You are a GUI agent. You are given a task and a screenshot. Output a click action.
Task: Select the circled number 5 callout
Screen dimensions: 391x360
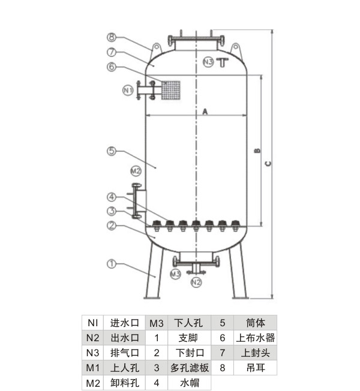pyautogui.click(x=112, y=151)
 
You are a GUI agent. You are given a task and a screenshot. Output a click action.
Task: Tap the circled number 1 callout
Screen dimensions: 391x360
pyautogui.click(x=112, y=263)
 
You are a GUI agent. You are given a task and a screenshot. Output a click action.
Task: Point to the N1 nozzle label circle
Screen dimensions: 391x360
pyautogui.click(x=128, y=91)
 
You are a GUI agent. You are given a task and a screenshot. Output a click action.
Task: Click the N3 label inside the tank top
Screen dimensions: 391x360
pyautogui.click(x=208, y=62)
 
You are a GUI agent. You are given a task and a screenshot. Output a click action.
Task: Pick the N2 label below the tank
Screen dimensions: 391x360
pyautogui.click(x=196, y=282)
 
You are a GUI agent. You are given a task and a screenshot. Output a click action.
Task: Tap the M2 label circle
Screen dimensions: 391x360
pyautogui.click(x=136, y=170)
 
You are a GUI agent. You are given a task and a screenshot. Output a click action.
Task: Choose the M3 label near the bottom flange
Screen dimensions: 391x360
pyautogui.click(x=175, y=273)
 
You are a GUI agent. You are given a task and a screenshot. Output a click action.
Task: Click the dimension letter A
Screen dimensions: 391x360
pyautogui.click(x=205, y=111)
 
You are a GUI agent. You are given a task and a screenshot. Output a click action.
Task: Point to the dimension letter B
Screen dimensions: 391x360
pyautogui.click(x=257, y=151)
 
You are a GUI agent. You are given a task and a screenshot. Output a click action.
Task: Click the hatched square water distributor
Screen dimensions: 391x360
pyautogui.click(x=171, y=90)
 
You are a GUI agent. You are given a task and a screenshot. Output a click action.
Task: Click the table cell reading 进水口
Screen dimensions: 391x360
pyautogui.click(x=124, y=322)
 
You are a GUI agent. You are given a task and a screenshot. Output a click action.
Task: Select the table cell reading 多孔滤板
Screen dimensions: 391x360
pyautogui.click(x=190, y=368)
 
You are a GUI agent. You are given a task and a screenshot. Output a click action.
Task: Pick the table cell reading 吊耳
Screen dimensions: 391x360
pyautogui.click(x=255, y=368)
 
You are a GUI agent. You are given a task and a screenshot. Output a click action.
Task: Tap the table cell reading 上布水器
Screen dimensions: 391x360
pyautogui.click(x=255, y=338)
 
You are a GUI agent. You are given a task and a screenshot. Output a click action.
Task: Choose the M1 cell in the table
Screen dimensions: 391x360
pyautogui.click(x=92, y=368)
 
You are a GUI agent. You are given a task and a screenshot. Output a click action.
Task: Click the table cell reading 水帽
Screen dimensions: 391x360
pyautogui.click(x=190, y=383)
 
